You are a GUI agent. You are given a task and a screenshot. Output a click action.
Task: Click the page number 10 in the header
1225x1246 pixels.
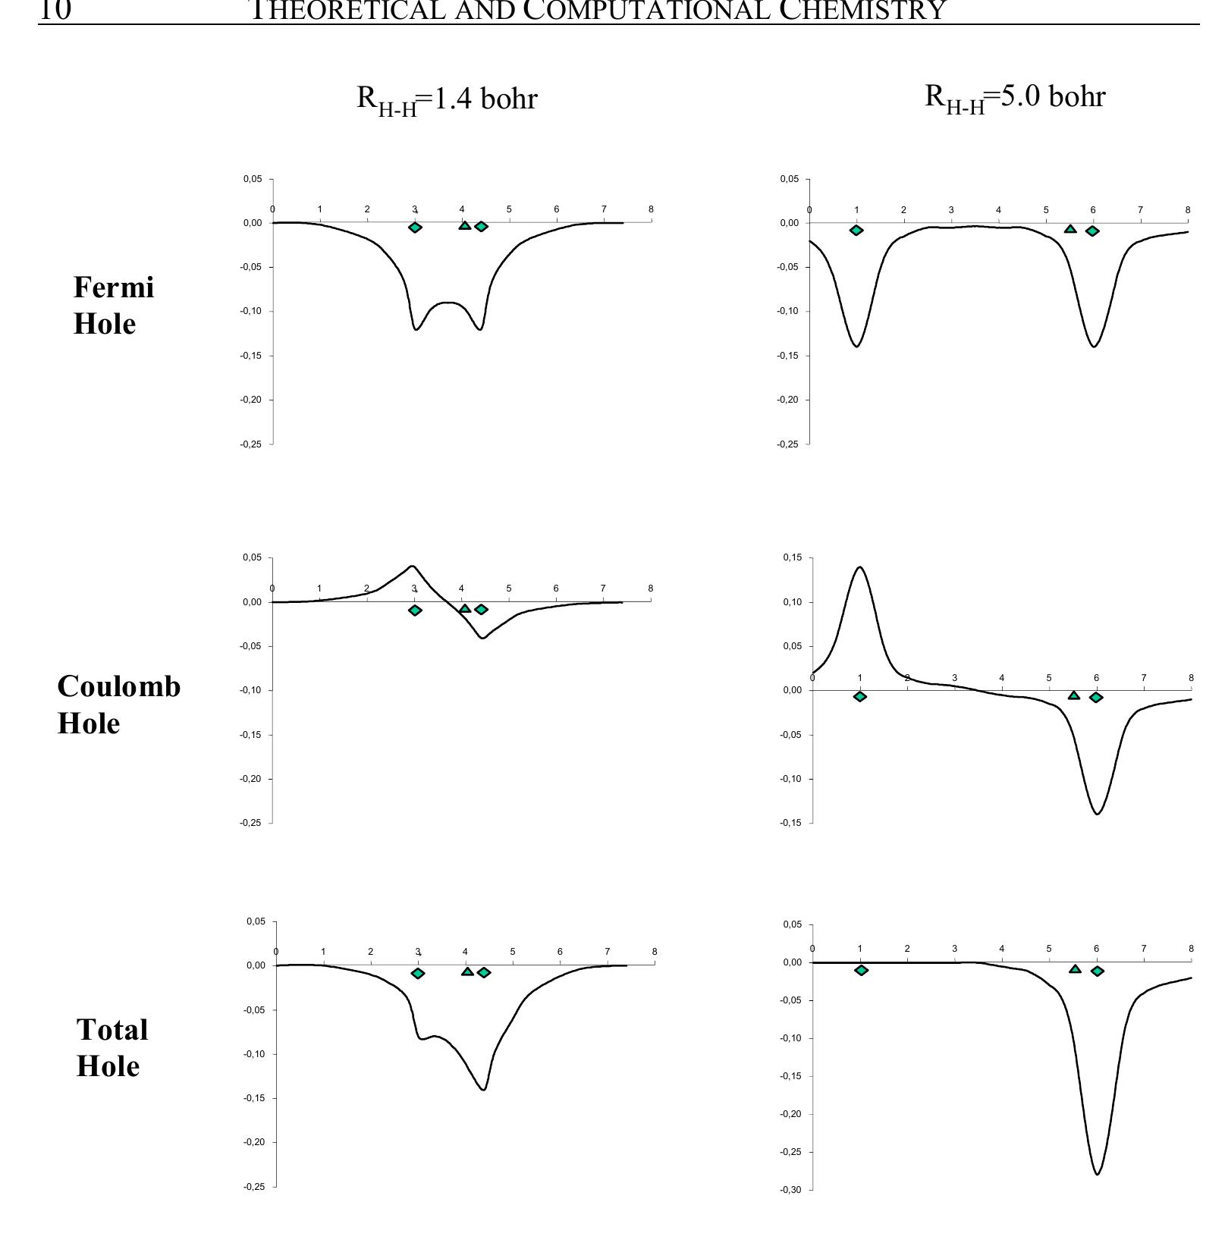click(55, 11)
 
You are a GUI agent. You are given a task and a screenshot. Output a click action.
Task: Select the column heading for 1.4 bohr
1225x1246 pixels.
click(447, 99)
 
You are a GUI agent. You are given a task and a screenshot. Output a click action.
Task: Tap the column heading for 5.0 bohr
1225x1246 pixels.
click(1015, 98)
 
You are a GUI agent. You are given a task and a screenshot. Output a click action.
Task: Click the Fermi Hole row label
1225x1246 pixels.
click(113, 305)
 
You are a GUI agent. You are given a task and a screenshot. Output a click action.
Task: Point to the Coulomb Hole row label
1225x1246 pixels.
click(119, 704)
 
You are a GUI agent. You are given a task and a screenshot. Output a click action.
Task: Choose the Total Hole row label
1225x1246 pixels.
click(112, 1047)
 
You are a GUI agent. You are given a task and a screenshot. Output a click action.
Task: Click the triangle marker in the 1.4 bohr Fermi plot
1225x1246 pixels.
click(464, 225)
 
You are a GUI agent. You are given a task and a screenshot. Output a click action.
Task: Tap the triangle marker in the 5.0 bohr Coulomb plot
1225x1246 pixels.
click(1073, 695)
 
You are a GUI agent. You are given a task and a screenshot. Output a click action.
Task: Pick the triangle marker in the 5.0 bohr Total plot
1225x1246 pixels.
click(1075, 968)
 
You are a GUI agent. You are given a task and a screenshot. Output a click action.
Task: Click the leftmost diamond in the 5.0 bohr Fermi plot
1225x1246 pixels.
click(856, 230)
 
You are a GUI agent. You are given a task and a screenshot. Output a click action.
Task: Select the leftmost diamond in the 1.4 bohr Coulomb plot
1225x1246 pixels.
click(415, 610)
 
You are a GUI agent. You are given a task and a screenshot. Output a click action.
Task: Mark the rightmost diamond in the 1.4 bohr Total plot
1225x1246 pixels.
click(484, 972)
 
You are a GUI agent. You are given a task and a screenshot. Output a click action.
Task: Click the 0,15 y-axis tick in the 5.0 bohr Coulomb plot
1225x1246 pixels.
click(792, 558)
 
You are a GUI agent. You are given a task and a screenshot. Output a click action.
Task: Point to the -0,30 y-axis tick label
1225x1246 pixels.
click(790, 1190)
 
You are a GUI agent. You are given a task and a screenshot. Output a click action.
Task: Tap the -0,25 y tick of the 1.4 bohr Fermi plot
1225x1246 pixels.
click(253, 444)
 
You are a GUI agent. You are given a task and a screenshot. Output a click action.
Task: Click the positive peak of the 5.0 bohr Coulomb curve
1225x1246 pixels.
click(860, 567)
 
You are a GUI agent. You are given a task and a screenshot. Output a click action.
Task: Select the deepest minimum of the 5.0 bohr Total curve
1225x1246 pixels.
click(1097, 1174)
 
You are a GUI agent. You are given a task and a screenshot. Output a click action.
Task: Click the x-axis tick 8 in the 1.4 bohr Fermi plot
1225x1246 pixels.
click(650, 209)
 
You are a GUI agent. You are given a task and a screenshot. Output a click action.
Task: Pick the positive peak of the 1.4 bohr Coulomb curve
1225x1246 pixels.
click(412, 566)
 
